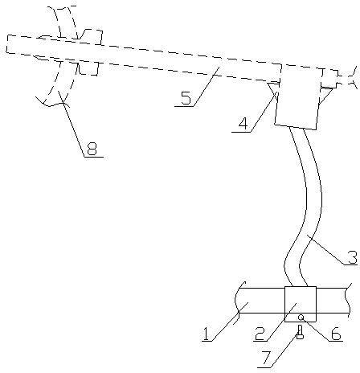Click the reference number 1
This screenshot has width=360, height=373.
[x=206, y=334]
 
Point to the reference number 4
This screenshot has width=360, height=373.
[x=243, y=124]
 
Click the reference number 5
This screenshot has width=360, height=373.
[x=186, y=98]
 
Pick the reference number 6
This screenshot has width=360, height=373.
[x=336, y=334]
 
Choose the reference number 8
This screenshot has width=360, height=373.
[x=92, y=149]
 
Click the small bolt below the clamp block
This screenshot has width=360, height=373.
[x=300, y=332]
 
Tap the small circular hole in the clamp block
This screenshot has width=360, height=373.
[x=301, y=318]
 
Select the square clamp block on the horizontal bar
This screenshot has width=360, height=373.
[x=301, y=304]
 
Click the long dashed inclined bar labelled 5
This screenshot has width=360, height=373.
[x=143, y=59]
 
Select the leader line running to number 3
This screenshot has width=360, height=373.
[x=326, y=250]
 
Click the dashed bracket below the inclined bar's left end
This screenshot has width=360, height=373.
[x=88, y=68]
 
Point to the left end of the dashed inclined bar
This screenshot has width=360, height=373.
[x=6, y=44]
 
